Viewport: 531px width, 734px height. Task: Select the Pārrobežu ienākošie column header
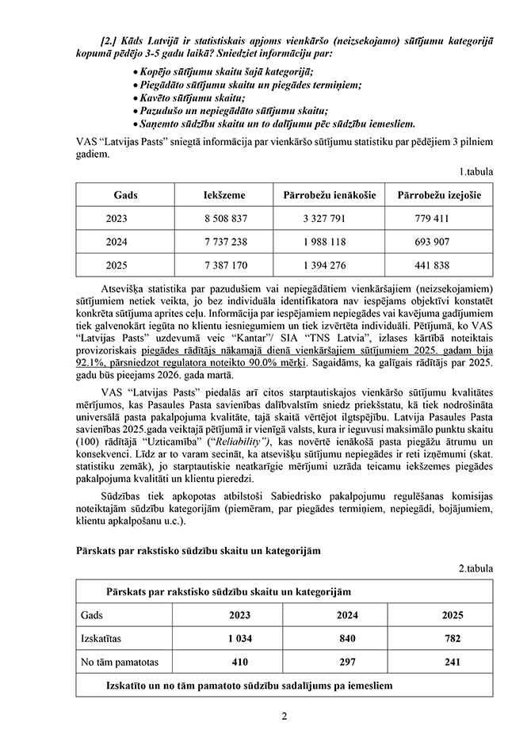coord(329,195)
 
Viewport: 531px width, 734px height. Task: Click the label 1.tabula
coord(475,170)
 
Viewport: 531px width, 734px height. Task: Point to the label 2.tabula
coord(475,568)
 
